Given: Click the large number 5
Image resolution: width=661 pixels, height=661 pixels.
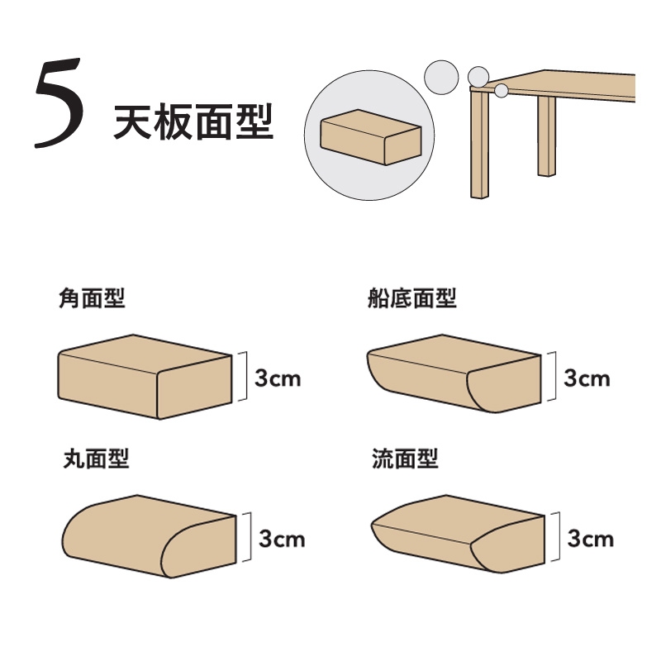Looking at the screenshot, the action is tap(58, 102).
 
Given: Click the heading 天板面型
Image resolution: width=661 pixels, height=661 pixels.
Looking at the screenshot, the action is tap(193, 122).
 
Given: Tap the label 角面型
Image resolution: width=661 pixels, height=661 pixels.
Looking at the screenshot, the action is tap(92, 298).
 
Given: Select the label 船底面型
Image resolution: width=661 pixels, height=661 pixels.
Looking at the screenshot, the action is tap(411, 298).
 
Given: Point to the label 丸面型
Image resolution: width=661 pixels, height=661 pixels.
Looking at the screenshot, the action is tap(96, 459).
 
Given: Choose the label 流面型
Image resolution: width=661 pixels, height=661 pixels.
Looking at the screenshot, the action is tap(405, 459).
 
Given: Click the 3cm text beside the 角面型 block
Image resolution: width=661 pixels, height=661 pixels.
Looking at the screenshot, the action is tap(278, 378).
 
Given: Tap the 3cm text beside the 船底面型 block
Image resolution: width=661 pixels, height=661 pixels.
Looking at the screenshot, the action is tap(587, 378).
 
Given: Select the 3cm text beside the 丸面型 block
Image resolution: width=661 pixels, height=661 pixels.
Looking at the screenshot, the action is tap(282, 539).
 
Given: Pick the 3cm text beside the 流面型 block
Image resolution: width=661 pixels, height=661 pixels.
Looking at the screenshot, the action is tap(591, 539).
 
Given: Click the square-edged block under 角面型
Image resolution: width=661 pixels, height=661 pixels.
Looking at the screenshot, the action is tap(145, 377).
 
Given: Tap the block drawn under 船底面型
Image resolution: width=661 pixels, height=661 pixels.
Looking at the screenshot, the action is tap(454, 373).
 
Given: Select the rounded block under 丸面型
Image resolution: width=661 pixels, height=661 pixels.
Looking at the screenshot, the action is tap(149, 536).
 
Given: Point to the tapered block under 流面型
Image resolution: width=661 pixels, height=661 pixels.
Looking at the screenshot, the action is tap(458, 534).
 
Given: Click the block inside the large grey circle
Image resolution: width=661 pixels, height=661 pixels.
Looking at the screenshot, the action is tap(371, 137).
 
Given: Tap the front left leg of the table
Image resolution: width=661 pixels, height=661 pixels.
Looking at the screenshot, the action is tap(479, 143).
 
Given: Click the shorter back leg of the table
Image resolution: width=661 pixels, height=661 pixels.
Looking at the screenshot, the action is tap(546, 136).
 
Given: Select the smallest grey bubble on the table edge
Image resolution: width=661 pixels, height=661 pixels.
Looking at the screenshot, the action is tap(502, 91).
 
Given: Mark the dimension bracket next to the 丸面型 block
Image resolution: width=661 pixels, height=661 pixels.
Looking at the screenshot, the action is tap(247, 536).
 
